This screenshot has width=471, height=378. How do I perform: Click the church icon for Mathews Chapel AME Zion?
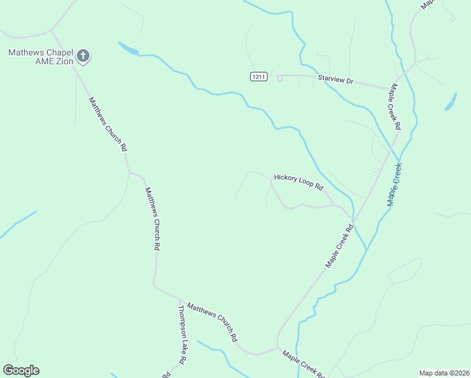[83, 57]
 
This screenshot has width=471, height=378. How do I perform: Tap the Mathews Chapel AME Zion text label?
[41, 57]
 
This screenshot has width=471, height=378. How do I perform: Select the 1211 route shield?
[258, 76]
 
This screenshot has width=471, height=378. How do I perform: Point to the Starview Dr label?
[337, 81]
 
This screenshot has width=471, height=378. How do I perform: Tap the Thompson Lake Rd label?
[183, 335]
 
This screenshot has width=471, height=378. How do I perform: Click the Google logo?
[21, 370]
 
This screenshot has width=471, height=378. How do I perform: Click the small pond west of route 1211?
[128, 49]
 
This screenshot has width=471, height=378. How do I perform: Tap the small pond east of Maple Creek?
[451, 102]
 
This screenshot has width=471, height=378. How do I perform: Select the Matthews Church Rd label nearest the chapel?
[108, 123]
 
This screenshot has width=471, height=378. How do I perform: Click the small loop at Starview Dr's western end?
[280, 77]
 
